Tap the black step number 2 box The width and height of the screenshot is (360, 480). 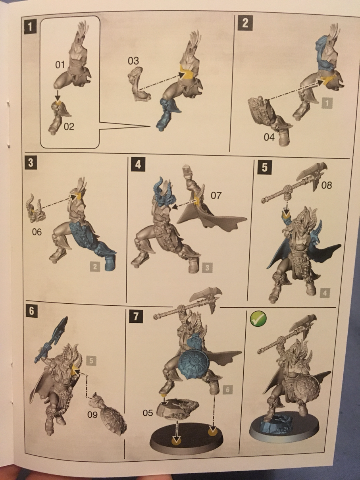coord(245,23)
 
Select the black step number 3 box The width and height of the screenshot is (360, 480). coord(31,163)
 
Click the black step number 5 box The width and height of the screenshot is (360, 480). coord(264,168)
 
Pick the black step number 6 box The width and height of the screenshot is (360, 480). coord(31,311)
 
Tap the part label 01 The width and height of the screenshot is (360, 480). coord(60,65)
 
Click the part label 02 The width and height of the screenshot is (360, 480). coord(69,127)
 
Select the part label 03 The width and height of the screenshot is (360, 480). coord(133,61)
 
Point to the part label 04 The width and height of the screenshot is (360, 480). coord(269,137)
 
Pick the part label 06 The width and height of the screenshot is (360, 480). coord(37,232)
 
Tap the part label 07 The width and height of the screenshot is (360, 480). coord(216,195)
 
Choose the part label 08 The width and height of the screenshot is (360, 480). coord(326,185)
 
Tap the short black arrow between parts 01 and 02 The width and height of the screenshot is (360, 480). coord(58,95)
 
